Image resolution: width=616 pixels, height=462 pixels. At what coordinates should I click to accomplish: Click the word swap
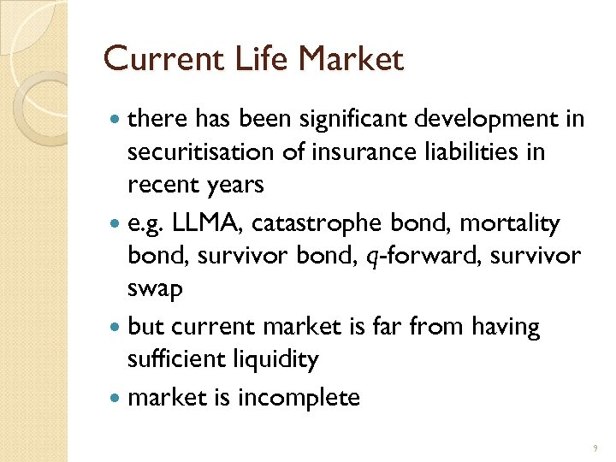[155, 289]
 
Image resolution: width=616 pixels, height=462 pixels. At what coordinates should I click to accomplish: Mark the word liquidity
[276, 359]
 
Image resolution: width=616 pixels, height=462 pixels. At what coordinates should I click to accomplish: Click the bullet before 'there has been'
[115, 120]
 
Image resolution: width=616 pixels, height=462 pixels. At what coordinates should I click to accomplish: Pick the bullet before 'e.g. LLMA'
[115, 225]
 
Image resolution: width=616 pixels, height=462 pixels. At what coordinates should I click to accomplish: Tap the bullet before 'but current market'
[115, 328]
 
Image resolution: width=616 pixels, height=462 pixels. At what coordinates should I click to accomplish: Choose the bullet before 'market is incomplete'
[115, 398]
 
